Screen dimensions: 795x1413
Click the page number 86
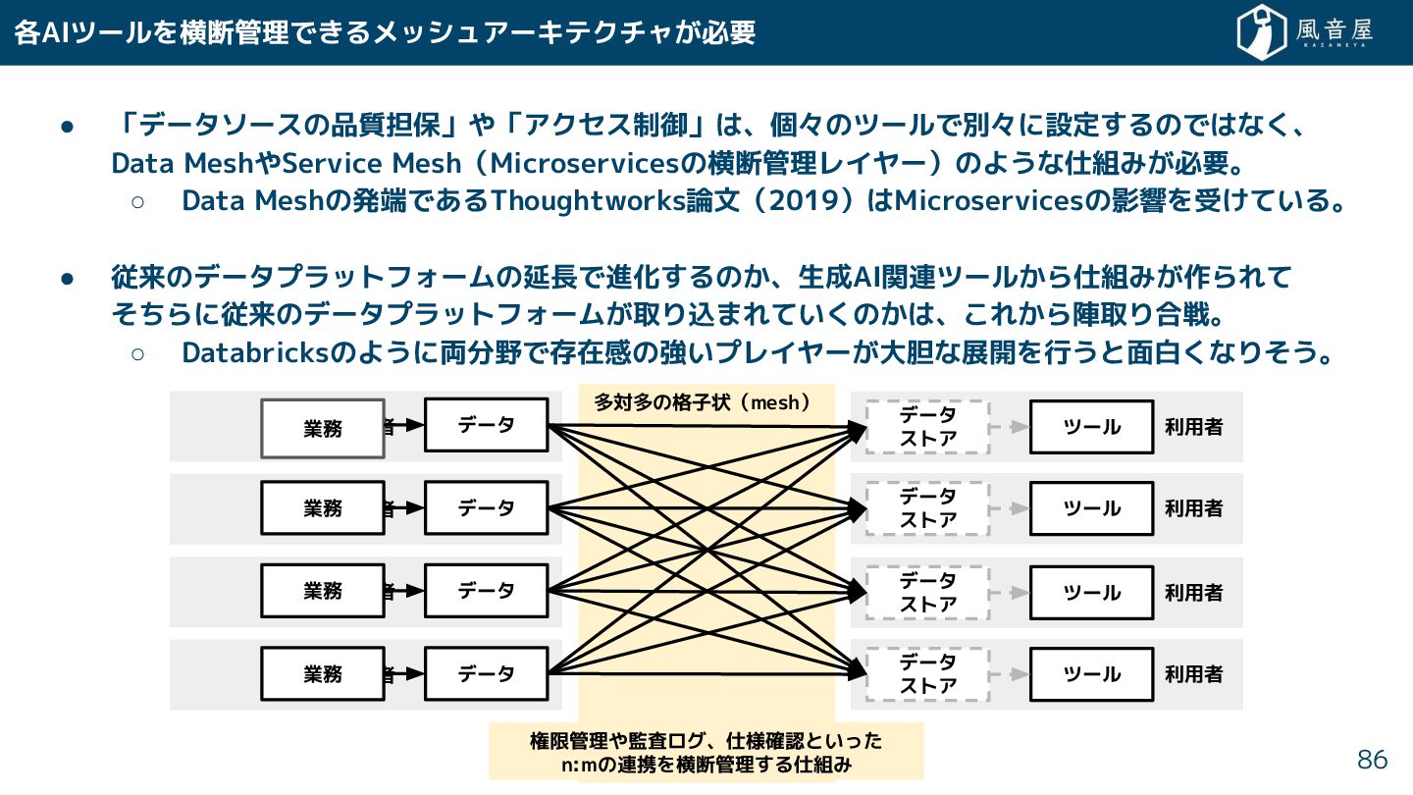click(x=1372, y=760)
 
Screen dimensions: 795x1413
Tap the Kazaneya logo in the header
click(x=1304, y=32)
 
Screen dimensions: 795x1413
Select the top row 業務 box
click(x=322, y=428)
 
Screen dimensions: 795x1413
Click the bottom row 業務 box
click(x=322, y=674)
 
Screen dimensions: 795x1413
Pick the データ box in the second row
click(x=486, y=507)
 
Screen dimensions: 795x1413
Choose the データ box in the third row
click(x=486, y=591)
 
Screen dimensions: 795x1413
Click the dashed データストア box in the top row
click(x=927, y=427)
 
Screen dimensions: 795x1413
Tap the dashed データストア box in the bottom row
click(x=927, y=674)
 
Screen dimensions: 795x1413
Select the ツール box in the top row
click(x=1091, y=427)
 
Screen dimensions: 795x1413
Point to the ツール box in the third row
click(x=1091, y=592)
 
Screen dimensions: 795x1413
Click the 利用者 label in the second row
click(x=1193, y=508)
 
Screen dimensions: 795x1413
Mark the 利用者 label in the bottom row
click(x=1193, y=674)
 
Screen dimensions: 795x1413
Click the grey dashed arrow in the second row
click(x=1010, y=508)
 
